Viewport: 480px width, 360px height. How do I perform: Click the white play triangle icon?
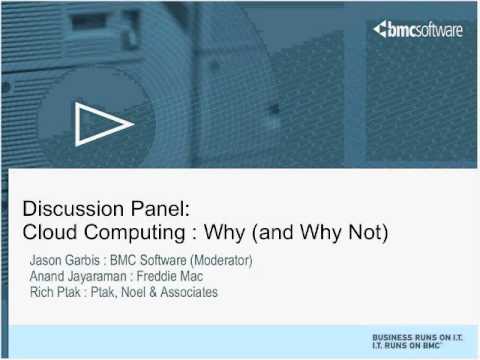click(103, 124)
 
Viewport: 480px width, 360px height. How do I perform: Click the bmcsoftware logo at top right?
click(417, 30)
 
